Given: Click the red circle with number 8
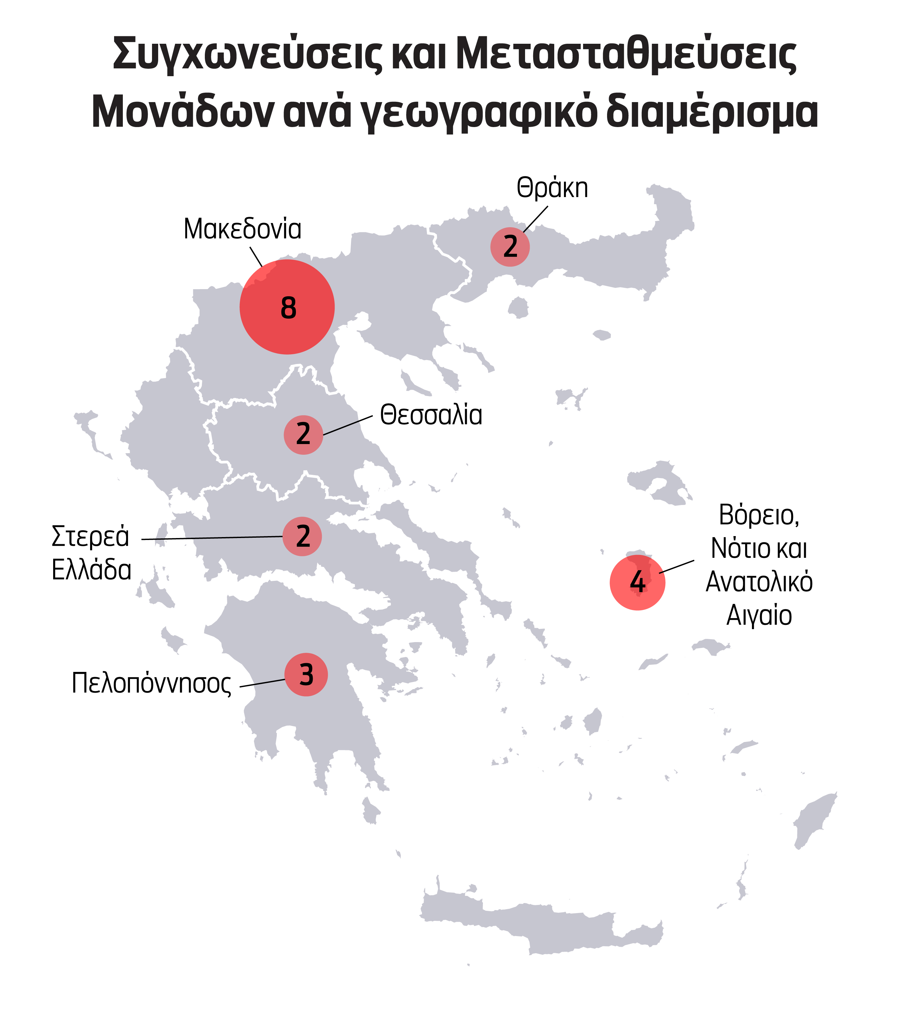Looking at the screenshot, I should pos(287,307).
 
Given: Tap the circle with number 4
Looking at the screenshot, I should pos(637,582).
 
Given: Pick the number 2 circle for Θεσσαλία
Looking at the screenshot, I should pos(303,434).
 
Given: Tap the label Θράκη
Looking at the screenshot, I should pos(552,188).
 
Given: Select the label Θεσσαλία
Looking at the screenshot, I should pos(431,415).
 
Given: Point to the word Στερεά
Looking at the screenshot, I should pos(90,536).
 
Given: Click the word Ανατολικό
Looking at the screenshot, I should pos(759,581).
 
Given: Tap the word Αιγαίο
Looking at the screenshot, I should pos(759,615).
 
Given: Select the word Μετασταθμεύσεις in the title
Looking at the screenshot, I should pos(626,54).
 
